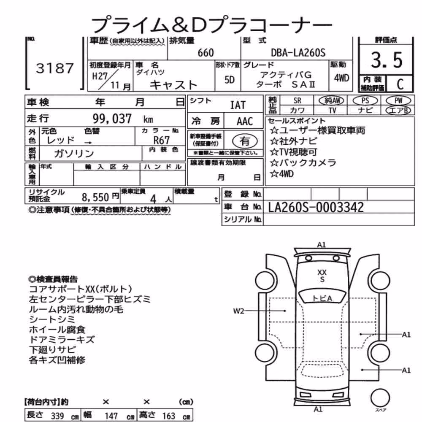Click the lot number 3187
click(x=54, y=68)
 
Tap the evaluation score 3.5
click(x=387, y=60)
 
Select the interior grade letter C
click(x=400, y=84)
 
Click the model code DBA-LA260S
click(x=298, y=52)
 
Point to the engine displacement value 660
click(x=206, y=53)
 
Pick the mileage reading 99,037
click(x=112, y=119)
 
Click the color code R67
click(x=162, y=140)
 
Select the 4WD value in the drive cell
click(x=341, y=78)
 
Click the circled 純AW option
click(x=332, y=101)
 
